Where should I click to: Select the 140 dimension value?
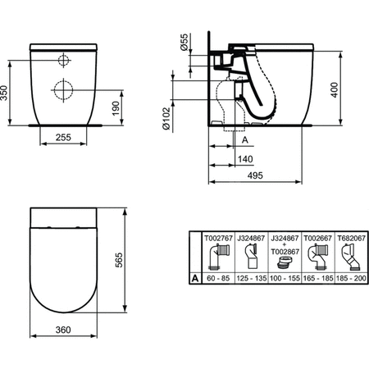[244, 158]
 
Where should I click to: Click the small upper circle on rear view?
[63, 61]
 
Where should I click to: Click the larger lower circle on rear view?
[63, 87]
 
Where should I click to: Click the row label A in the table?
[194, 278]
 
